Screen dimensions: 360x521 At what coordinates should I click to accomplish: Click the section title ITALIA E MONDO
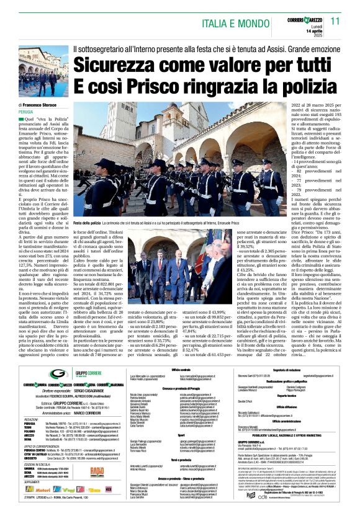tap(238, 24)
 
